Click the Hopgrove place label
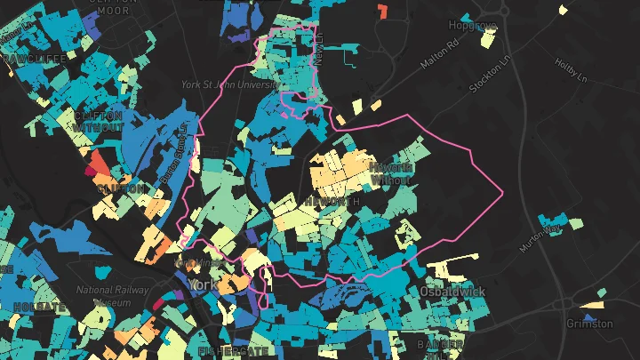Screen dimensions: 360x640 click(x=471, y=24)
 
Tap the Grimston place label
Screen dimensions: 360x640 click(x=589, y=324)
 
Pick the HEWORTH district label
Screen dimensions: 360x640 click(x=332, y=202)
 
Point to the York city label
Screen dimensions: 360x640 click(x=201, y=284)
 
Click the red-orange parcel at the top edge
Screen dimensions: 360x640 click(x=383, y=12)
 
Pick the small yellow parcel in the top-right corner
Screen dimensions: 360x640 click(x=564, y=10)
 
